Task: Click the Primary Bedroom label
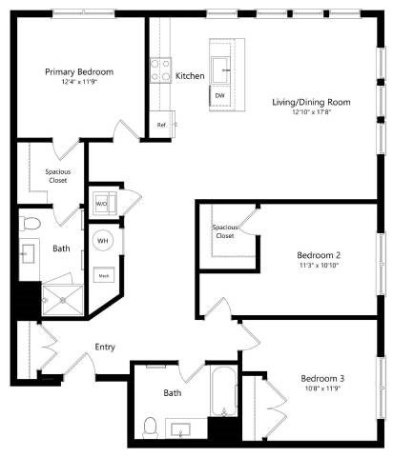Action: click(x=79, y=72)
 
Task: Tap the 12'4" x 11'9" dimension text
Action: click(x=79, y=83)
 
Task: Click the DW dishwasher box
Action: click(x=219, y=96)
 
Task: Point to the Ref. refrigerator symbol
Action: click(x=160, y=125)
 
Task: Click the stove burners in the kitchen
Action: click(x=159, y=70)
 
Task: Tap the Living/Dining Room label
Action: click(x=311, y=102)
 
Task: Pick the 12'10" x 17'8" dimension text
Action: click(x=311, y=112)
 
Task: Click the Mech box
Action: click(x=104, y=275)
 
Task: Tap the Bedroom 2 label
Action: click(x=318, y=255)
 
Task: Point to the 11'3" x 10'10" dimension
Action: click(x=318, y=266)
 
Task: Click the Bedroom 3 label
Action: click(x=321, y=378)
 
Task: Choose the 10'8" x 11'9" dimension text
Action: click(x=321, y=388)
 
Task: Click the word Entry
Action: click(x=105, y=347)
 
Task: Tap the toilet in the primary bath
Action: click(x=31, y=224)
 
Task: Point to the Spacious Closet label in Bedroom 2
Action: click(x=224, y=231)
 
